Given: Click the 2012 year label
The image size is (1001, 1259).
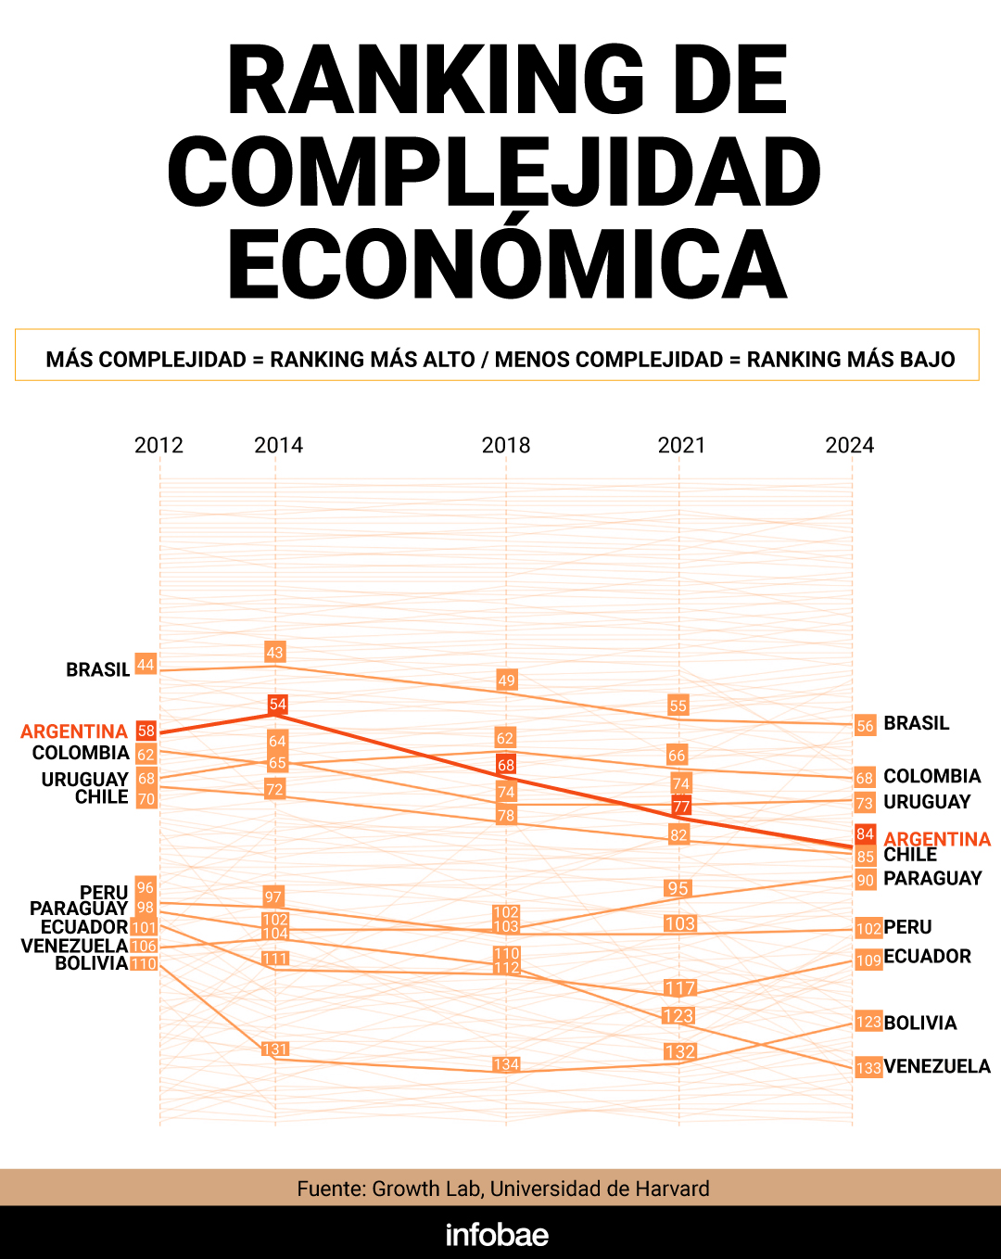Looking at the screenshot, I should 158,445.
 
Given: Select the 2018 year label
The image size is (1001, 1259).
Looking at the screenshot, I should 506,445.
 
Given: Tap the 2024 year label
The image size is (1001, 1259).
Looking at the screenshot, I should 849,445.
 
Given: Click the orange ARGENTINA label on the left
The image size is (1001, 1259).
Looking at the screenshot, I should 74,731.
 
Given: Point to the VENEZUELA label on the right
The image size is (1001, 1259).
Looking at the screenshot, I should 937,1066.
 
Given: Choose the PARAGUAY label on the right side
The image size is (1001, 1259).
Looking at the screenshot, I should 932,878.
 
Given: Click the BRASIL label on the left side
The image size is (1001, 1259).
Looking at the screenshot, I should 97,669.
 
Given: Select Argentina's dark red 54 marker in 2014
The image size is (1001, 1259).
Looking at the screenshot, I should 278,705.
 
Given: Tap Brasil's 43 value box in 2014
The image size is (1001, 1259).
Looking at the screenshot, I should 275,652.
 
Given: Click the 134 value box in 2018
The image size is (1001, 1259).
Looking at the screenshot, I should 506,1064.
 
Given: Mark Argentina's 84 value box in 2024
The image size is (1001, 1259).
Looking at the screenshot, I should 865,833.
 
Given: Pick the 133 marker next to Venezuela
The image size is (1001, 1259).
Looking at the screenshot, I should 868,1068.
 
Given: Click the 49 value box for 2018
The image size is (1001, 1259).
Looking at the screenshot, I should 506,680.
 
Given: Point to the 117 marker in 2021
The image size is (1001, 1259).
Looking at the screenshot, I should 679,988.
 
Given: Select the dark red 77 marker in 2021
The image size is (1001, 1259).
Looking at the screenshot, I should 681,806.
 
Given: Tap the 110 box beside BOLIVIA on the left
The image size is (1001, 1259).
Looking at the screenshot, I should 144,964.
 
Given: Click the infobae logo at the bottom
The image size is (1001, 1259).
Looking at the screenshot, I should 498,1235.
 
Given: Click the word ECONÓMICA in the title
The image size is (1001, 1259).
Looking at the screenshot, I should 507,264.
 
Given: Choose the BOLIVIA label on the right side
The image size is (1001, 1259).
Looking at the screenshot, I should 920,1023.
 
